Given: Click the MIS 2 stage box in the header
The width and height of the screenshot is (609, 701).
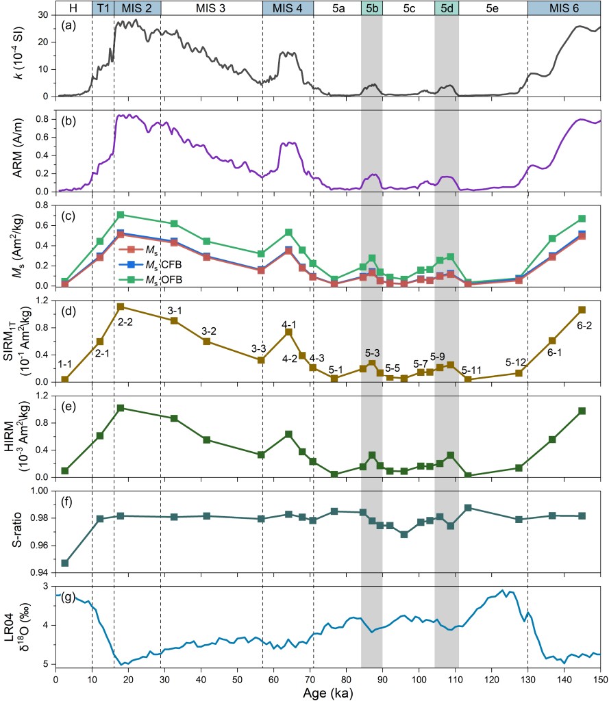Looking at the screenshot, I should coord(137,8).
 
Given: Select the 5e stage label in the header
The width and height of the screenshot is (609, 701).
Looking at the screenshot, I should coord(493,8).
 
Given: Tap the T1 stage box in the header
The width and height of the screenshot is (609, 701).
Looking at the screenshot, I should coord(103,8).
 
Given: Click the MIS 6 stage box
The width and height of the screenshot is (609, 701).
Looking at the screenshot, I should coord(564,8).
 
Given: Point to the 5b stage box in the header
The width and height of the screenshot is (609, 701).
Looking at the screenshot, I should coord(371,8).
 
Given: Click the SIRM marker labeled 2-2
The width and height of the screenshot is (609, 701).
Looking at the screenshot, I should coord(121,307).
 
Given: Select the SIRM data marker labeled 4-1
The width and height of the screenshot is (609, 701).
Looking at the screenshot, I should coord(288,332).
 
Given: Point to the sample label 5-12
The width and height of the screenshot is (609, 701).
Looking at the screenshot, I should coord(517,361).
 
